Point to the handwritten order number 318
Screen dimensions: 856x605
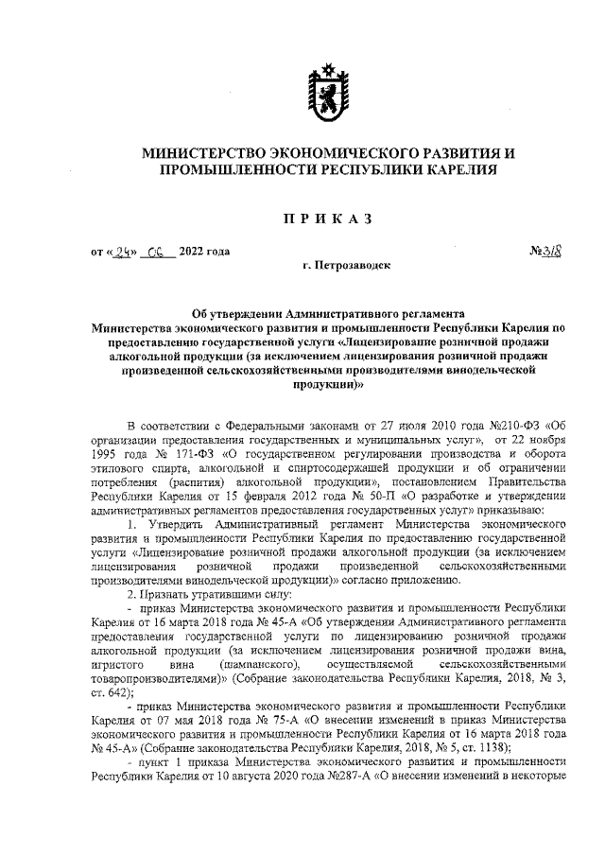tap(551, 252)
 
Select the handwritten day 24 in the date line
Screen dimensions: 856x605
tap(123, 253)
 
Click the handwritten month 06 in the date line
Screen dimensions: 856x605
tap(156, 253)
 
